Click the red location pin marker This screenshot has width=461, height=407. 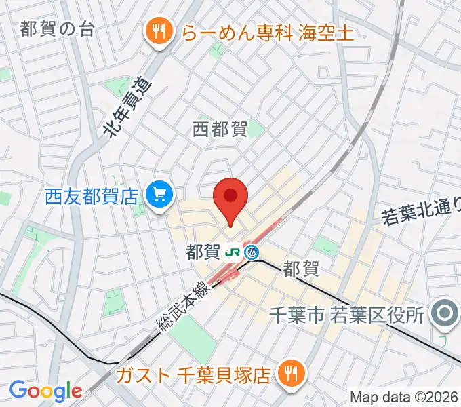click(230, 199)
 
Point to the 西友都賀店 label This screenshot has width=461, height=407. click(92, 197)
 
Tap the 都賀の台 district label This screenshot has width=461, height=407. click(57, 29)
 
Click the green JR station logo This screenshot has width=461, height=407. click(233, 252)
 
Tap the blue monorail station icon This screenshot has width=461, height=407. click(252, 252)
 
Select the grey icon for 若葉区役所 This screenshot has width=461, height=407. click(445, 313)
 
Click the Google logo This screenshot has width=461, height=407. click(45, 391)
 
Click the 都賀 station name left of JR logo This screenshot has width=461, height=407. click(203, 252)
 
